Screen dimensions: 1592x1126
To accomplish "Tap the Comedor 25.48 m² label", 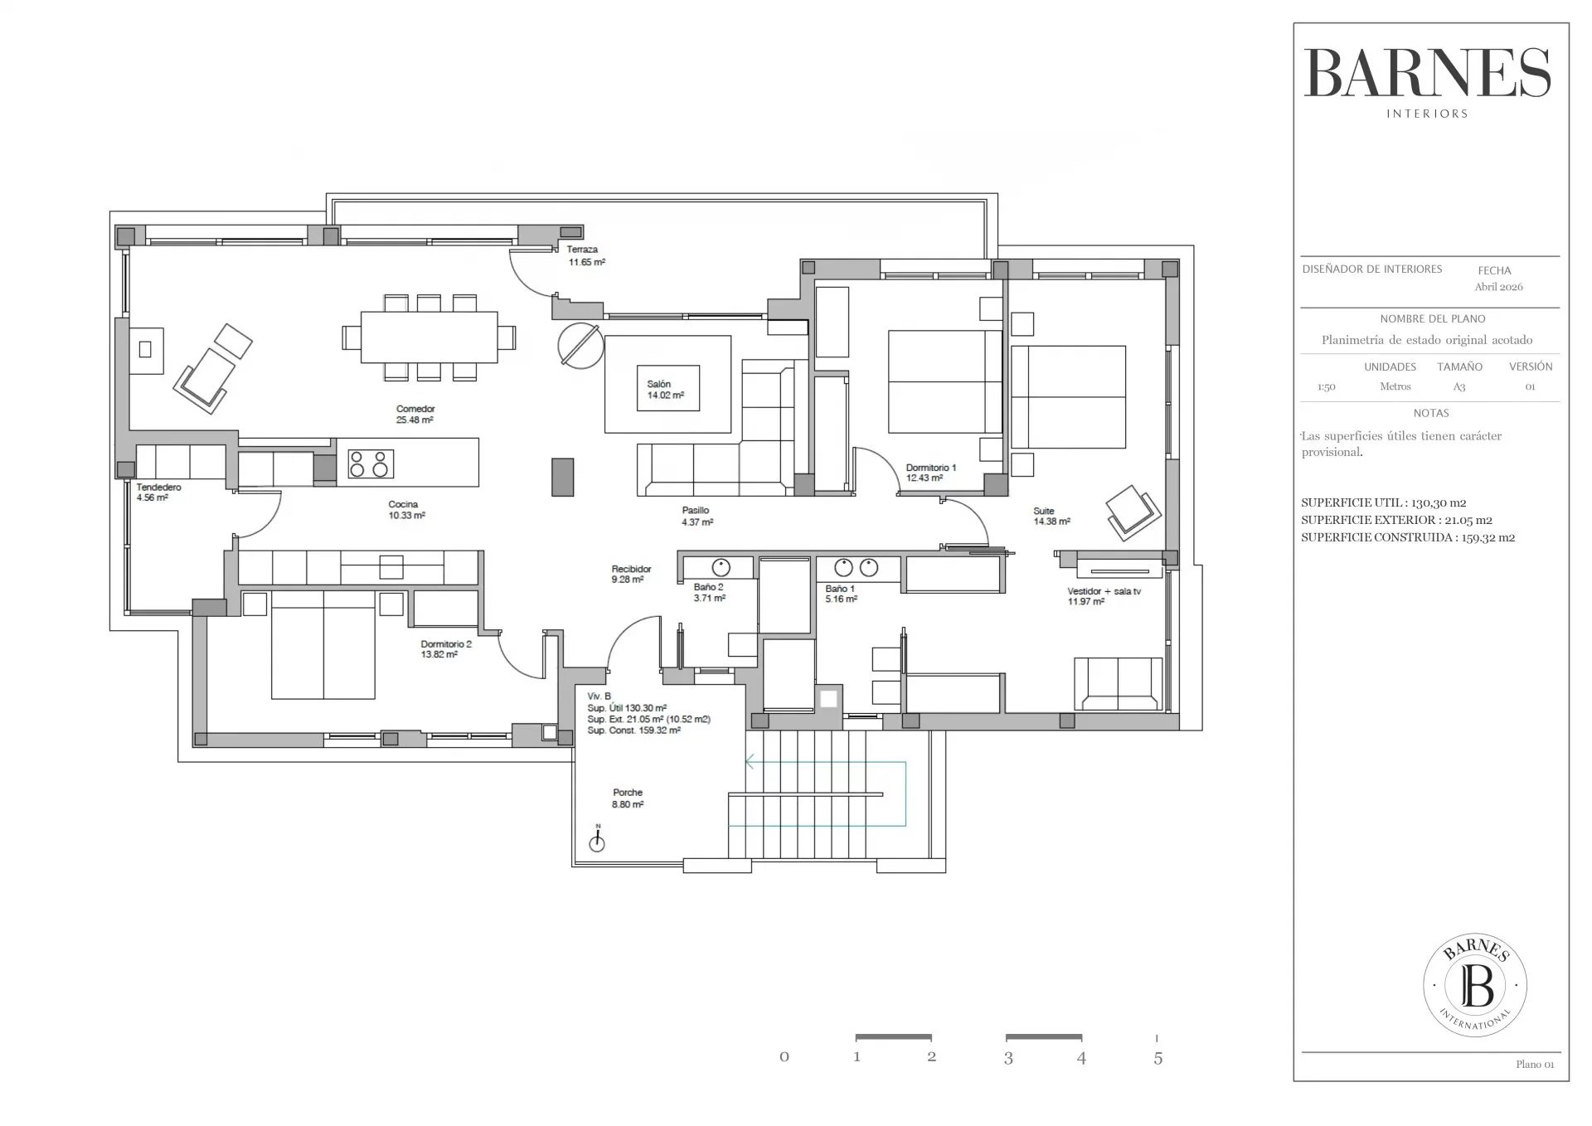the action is click(x=415, y=415).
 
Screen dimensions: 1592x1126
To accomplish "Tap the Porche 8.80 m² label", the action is click(x=628, y=798).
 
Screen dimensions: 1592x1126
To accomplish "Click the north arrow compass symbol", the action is click(x=597, y=839).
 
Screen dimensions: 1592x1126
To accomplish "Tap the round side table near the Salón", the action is click(x=580, y=344).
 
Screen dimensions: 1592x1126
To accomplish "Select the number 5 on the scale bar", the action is click(x=1158, y=1058).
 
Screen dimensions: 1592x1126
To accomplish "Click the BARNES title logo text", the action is click(x=1428, y=73).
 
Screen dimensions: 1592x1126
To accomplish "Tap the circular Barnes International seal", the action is click(x=1475, y=986).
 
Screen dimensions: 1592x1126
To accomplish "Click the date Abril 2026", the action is click(x=1498, y=287).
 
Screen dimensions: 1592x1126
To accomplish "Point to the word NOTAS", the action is click(x=1431, y=413).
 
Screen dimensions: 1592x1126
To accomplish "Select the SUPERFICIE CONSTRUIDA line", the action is click(x=1408, y=537).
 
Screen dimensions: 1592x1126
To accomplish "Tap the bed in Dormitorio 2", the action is click(x=323, y=645).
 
